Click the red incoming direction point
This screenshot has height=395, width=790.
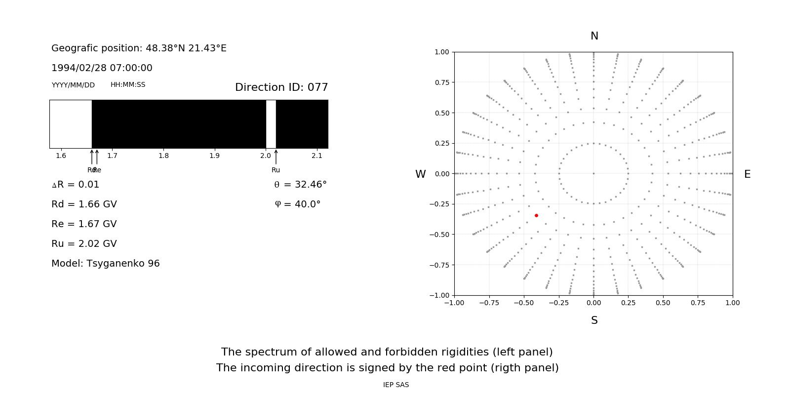coord(536,215)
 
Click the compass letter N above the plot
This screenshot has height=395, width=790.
coord(594,36)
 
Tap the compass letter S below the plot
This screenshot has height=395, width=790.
coord(594,320)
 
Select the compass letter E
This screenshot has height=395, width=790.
coord(747,174)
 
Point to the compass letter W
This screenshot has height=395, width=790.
coord(421,174)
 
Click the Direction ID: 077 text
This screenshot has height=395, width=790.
coord(281,87)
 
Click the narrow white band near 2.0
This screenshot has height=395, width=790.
coord(271,124)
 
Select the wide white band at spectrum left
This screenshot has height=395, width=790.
coord(71,124)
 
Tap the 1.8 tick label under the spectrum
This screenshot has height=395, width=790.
coord(163,156)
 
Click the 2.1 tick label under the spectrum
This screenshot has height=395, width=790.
coord(317,156)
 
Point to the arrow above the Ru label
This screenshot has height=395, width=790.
coord(276,157)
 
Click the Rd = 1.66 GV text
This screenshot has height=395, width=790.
coord(84,204)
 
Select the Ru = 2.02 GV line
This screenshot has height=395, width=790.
coord(84,243)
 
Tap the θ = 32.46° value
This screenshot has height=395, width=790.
coord(300,185)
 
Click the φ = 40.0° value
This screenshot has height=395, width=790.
coord(298,204)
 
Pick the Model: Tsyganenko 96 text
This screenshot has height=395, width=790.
coord(106,263)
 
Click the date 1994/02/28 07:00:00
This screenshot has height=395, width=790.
coord(102,68)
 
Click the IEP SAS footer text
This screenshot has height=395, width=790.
coord(395,385)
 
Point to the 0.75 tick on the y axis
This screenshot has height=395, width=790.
coord(441,82)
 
